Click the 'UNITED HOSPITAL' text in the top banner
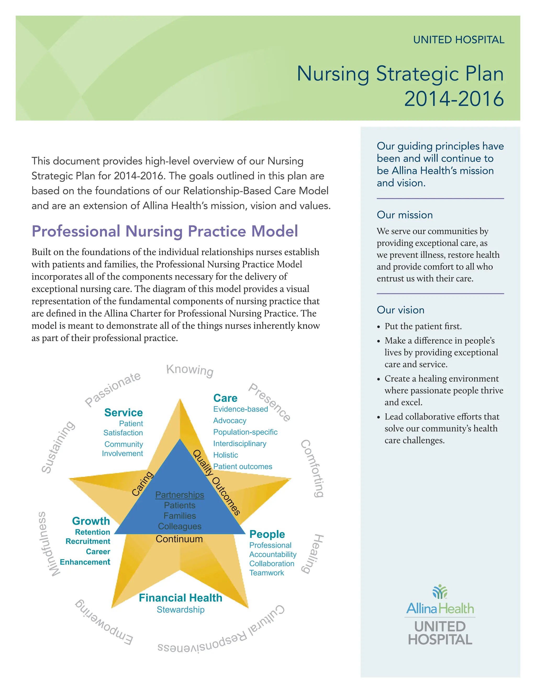(459, 40)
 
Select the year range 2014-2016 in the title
(454, 99)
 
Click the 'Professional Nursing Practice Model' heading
(165, 231)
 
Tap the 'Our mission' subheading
(405, 215)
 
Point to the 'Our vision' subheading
(400, 310)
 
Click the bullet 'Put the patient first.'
(423, 326)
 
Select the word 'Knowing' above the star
(190, 370)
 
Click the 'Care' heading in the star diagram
(225, 398)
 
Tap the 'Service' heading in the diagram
(124, 412)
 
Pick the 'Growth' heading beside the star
(91, 521)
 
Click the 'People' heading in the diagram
(267, 534)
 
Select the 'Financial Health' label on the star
(180, 598)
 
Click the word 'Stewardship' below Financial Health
(180, 609)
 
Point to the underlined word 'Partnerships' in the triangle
(180, 495)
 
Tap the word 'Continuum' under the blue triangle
(179, 539)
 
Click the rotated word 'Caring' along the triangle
(143, 483)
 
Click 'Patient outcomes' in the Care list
(243, 466)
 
